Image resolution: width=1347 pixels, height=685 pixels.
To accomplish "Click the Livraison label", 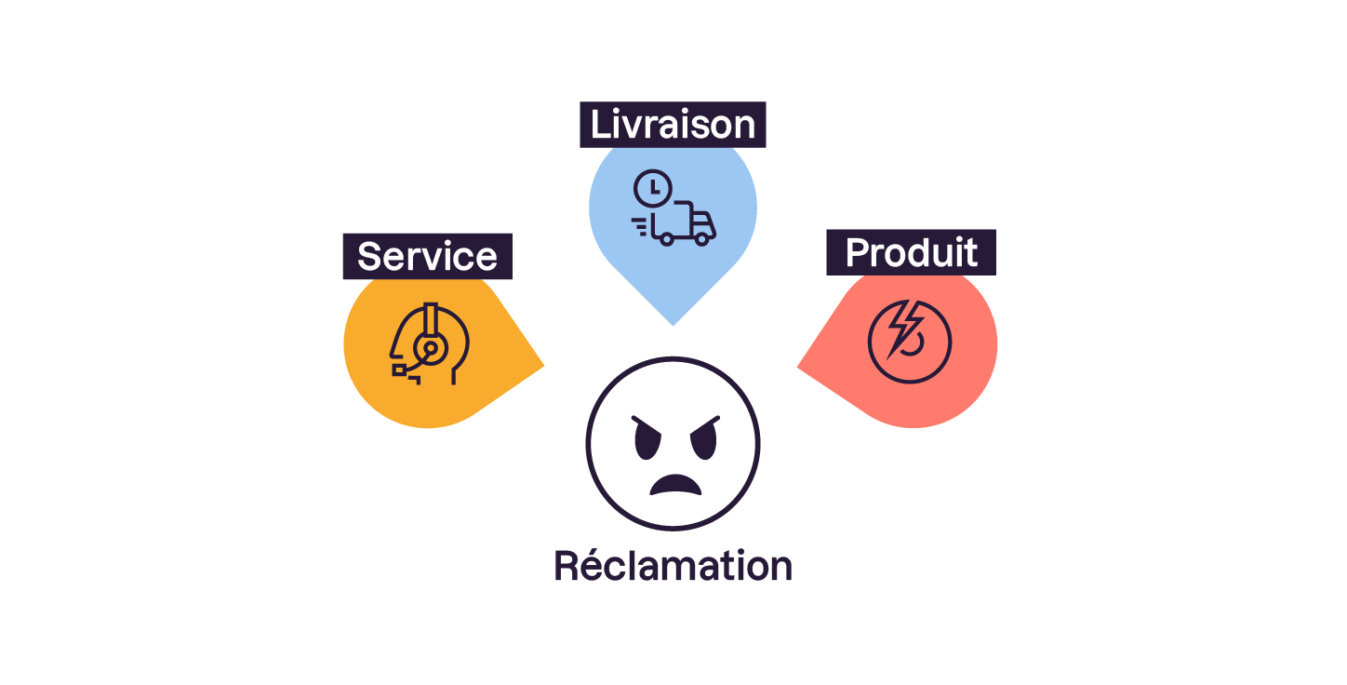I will tap(673, 125).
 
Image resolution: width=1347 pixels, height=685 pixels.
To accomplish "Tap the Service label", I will tap(427, 256).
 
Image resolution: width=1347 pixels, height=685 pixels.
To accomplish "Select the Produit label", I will tap(911, 252).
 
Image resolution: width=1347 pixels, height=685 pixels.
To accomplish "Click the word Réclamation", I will tap(673, 565).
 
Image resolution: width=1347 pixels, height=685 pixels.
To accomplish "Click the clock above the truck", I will tap(653, 188).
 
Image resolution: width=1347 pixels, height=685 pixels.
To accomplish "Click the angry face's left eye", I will tap(648, 438).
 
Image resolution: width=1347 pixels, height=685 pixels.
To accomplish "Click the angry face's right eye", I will tap(703, 437).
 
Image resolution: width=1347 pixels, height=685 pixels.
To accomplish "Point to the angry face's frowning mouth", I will tap(676, 485).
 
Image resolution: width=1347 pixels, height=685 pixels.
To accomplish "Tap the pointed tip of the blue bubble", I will tap(673, 324).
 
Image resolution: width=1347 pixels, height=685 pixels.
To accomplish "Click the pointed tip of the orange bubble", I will tap(542, 366).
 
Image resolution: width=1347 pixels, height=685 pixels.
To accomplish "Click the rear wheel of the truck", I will tap(666, 238).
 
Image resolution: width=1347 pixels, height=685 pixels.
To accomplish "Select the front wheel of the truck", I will tap(702, 238).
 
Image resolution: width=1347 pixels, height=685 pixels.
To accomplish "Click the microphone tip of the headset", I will tap(400, 369).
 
